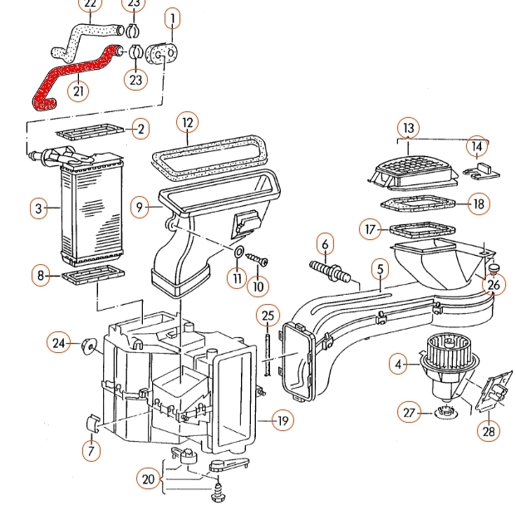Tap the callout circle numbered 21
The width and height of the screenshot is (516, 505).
(x=79, y=91)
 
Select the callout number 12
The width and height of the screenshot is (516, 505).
(x=188, y=124)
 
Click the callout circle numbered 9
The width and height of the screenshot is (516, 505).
(x=140, y=206)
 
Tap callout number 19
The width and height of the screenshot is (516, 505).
(x=283, y=421)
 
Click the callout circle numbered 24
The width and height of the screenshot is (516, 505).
(x=59, y=342)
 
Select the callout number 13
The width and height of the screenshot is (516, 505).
(x=408, y=129)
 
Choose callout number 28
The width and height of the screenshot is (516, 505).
(x=489, y=430)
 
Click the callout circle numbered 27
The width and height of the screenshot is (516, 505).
(x=408, y=413)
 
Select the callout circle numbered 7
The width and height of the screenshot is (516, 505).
(x=90, y=451)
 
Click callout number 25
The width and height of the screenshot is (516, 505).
(x=267, y=316)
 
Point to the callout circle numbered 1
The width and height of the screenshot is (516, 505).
(x=173, y=17)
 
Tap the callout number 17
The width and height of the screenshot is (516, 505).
(x=371, y=228)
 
